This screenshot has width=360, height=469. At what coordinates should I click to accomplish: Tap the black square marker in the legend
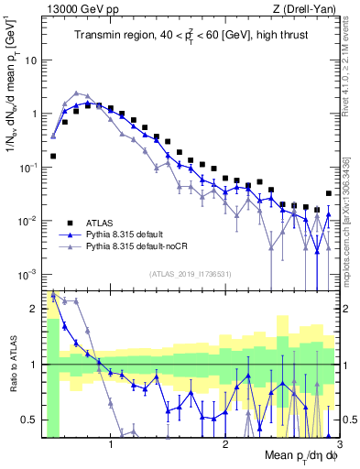point(69,223)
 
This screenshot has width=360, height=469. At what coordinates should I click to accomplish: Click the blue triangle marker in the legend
point(69,234)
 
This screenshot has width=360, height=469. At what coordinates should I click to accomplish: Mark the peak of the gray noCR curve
point(77,93)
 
